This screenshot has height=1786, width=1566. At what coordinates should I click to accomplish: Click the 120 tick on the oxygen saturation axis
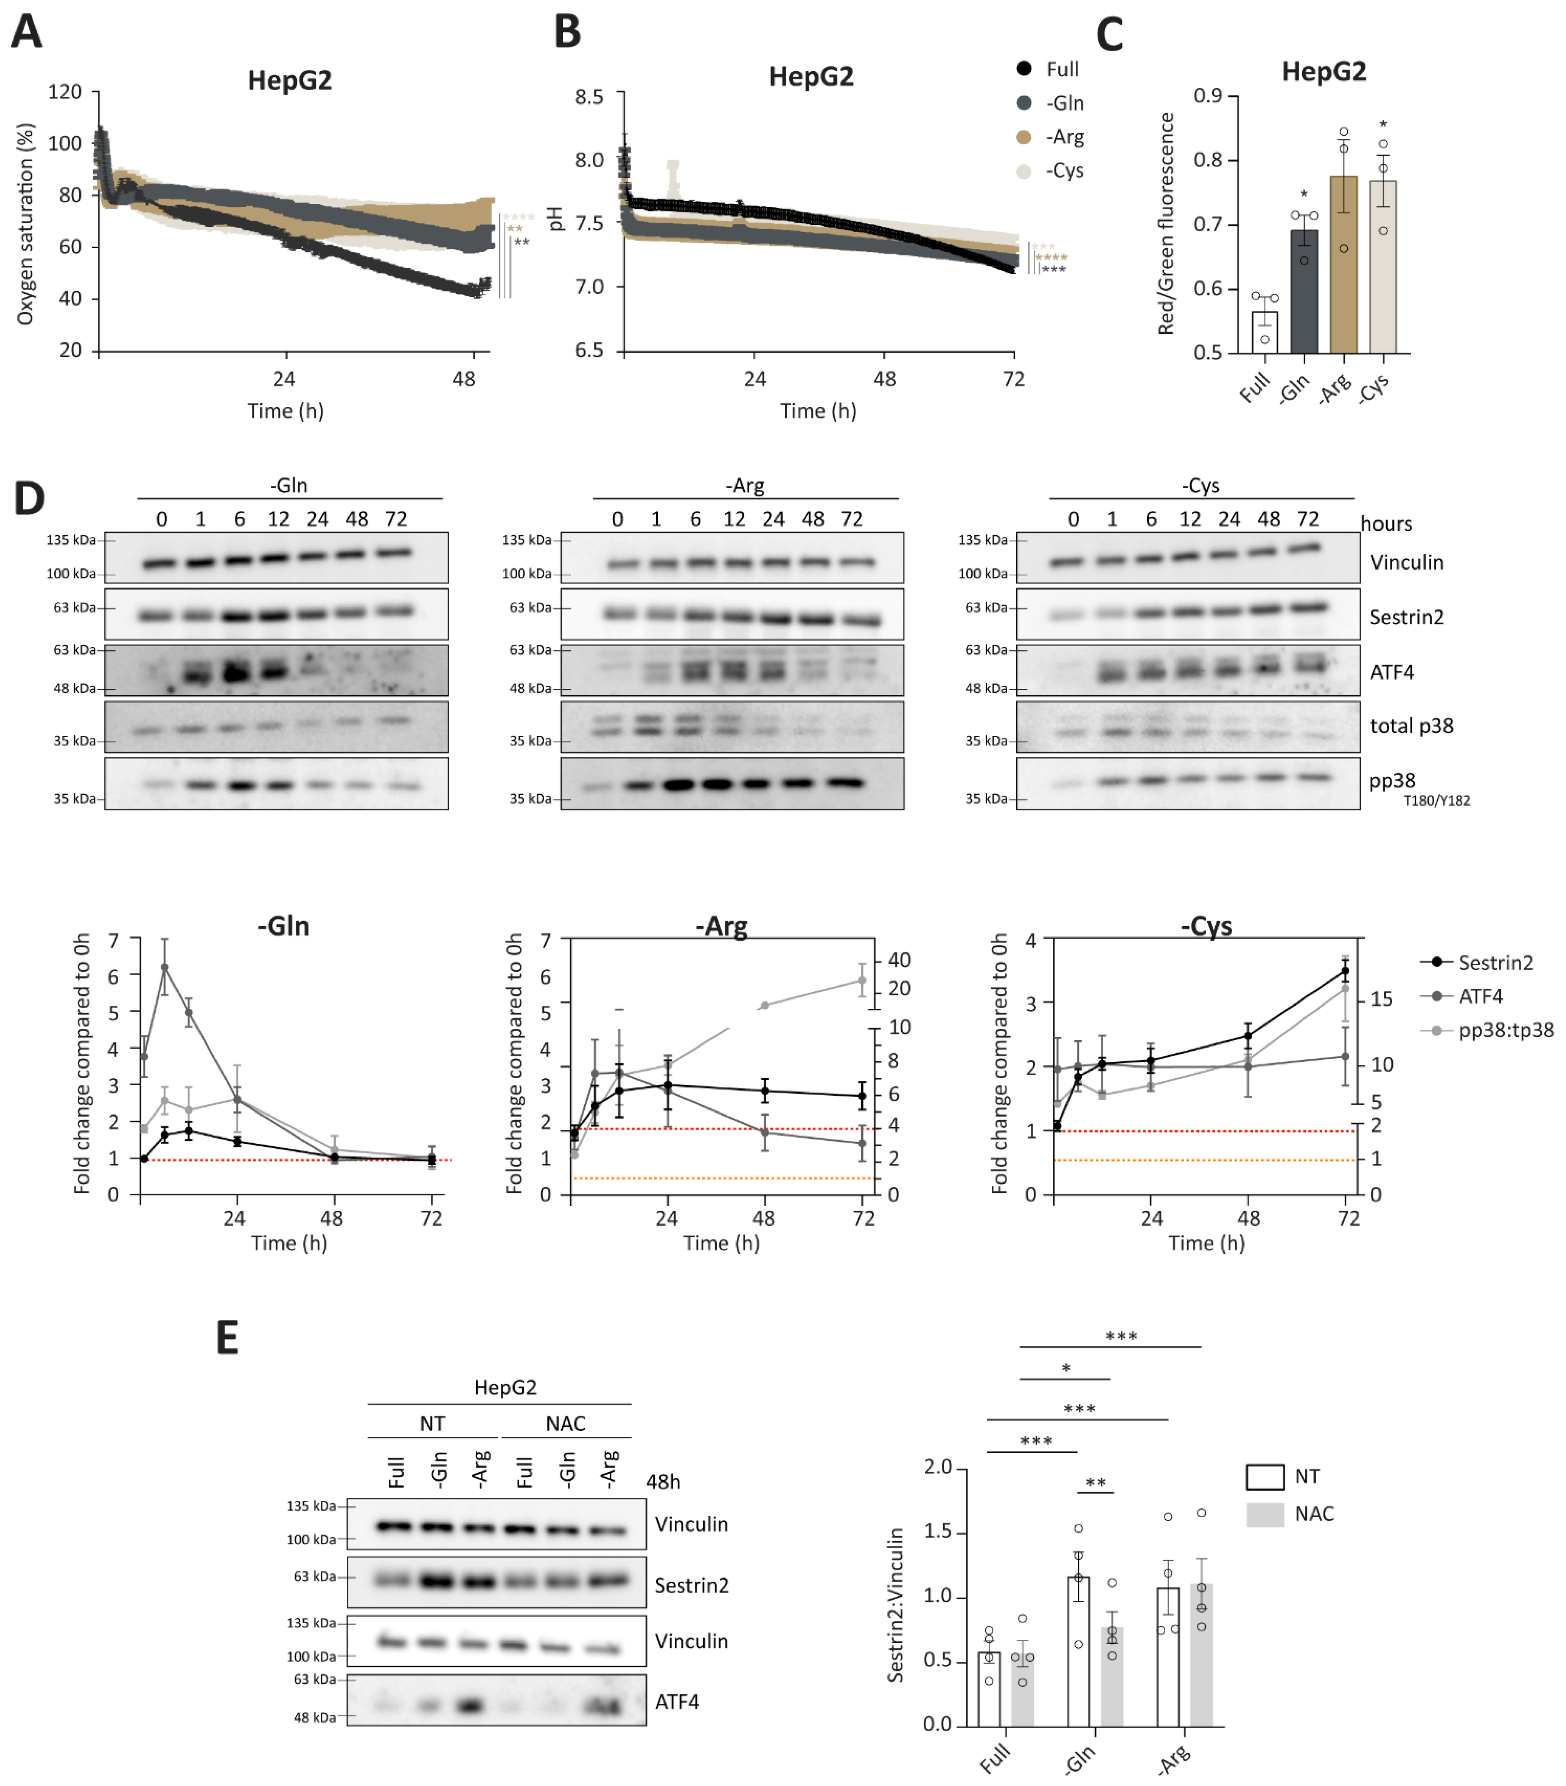pos(65,92)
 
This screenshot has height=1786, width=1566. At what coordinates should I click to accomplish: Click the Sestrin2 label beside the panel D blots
pos(1406,617)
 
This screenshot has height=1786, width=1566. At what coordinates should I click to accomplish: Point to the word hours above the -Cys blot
pos(1386,523)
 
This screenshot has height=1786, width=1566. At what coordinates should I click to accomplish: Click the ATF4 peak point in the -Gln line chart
pos(164,967)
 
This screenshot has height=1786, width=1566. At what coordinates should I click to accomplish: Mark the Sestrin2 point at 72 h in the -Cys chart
pos(1345,971)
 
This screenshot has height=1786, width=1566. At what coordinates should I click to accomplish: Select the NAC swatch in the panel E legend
pos(1265,1514)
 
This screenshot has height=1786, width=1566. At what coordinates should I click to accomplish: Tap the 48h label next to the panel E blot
pos(663,1482)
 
